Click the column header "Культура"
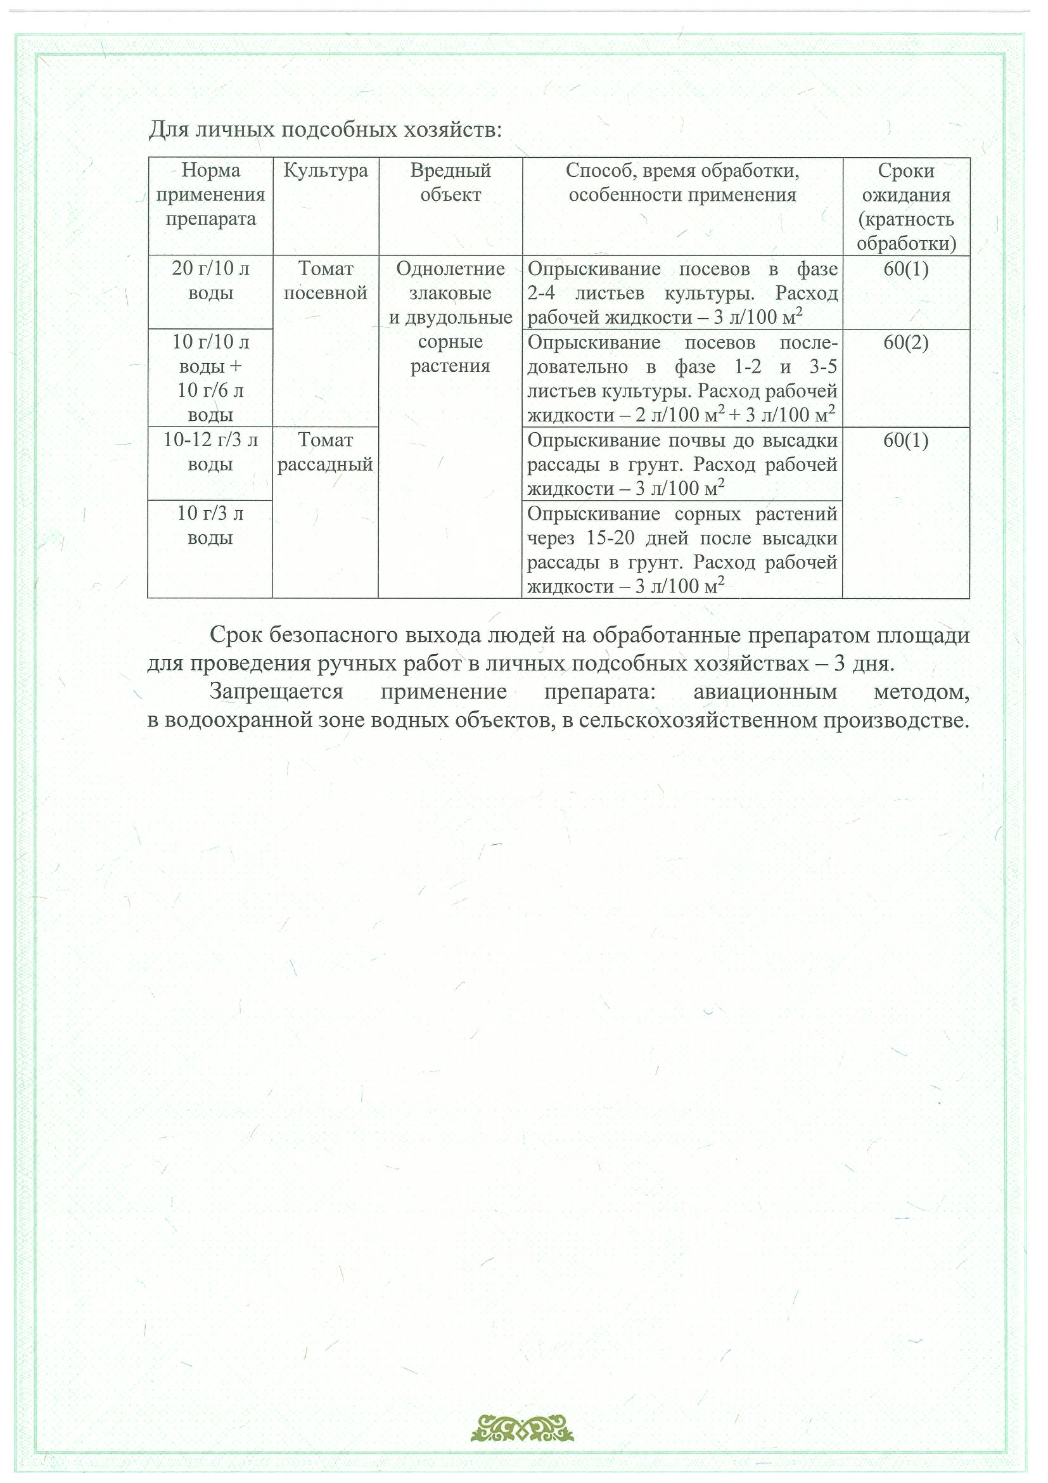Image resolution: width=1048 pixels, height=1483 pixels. tap(326, 170)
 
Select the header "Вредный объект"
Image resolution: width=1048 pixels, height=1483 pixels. tap(450, 183)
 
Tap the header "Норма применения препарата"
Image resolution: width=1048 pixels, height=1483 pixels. tap(210, 195)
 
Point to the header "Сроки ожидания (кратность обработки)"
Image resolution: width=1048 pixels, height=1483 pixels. tap(906, 207)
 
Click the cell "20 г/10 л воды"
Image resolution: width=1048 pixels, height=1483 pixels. tap(210, 280)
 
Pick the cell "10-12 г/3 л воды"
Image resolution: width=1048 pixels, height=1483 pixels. tap(210, 451)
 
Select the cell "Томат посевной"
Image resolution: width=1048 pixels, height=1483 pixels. tap(326, 280)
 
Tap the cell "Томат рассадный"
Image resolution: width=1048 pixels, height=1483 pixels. tap(326, 451)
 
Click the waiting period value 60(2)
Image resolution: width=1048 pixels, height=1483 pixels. tap(906, 342)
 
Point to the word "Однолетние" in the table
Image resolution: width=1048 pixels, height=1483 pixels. tap(450, 269)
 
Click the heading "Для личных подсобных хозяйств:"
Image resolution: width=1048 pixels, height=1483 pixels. tap(326, 130)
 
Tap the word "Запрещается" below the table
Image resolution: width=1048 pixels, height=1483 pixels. tap(276, 692)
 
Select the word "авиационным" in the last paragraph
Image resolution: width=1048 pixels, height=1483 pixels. tap(765, 692)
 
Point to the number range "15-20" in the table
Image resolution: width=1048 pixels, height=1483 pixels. tap(610, 538)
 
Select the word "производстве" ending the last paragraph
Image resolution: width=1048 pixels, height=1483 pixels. tap(895, 719)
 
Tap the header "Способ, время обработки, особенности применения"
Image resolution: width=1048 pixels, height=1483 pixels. tap(682, 183)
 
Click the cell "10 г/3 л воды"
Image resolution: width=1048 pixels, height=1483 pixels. tap(210, 525)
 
